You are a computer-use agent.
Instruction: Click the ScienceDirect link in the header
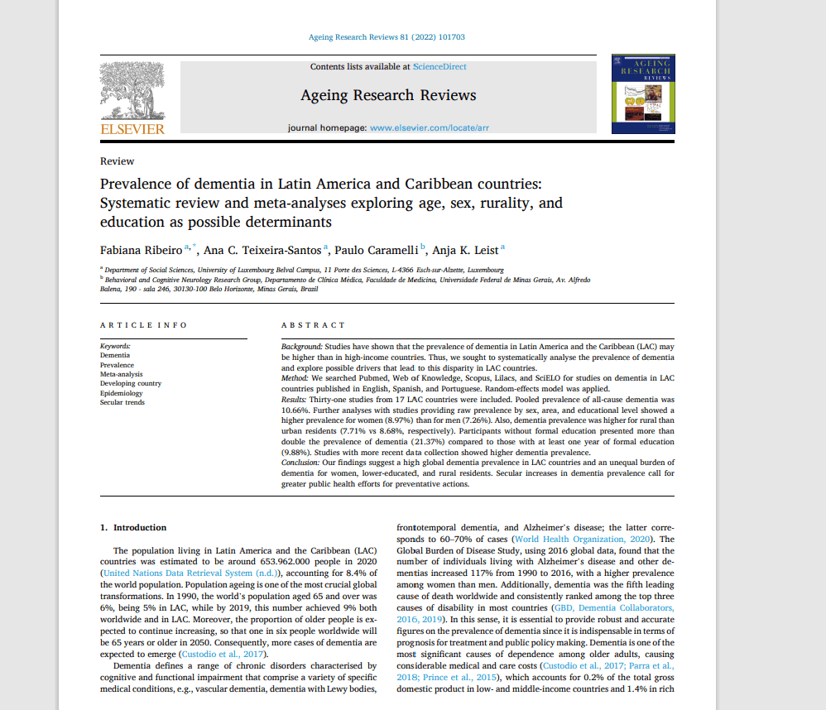439,66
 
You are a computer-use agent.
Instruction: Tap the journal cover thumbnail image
642,94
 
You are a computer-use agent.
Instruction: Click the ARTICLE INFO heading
143,325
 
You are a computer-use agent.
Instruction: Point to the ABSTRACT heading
313,325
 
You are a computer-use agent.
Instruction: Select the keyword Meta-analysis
121,374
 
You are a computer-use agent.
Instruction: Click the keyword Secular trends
122,402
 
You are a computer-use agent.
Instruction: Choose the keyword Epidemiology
121,393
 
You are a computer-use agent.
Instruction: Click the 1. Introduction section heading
133,527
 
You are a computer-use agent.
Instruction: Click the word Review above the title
117,161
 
